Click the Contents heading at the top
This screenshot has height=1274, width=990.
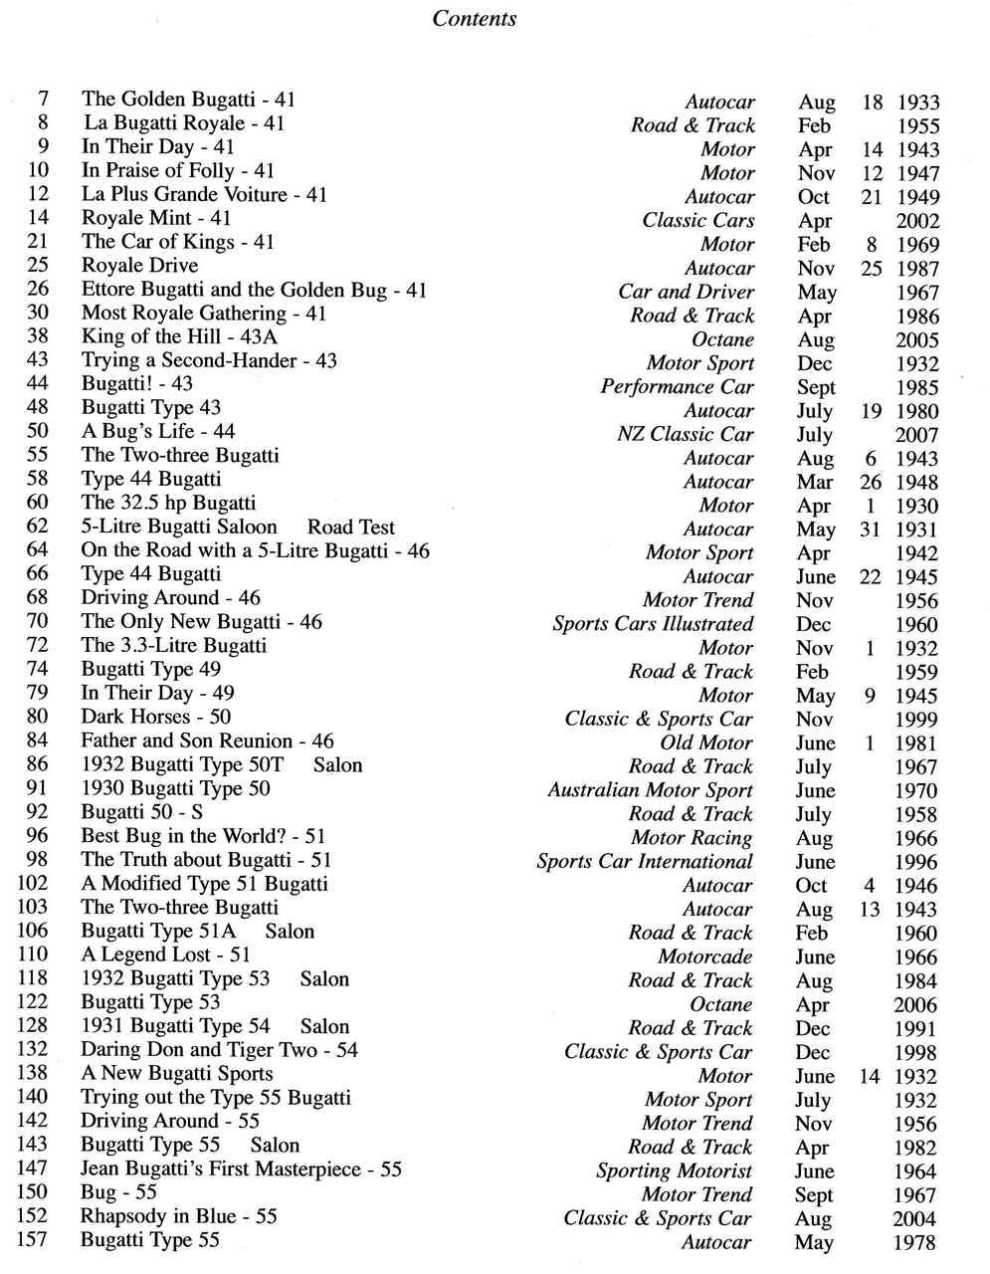pyautogui.click(x=475, y=18)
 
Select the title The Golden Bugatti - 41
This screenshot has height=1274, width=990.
pyautogui.click(x=188, y=99)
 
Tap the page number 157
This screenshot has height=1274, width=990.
pyautogui.click(x=33, y=1239)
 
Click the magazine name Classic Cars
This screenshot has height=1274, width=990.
pyautogui.click(x=697, y=220)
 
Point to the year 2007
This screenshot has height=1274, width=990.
pyautogui.click(x=915, y=435)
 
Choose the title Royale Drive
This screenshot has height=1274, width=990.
pyautogui.click(x=139, y=266)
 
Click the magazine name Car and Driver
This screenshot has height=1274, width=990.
pyautogui.click(x=686, y=292)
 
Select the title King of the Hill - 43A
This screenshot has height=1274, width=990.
pyautogui.click(x=179, y=336)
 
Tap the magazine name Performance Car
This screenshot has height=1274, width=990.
pyautogui.click(x=677, y=387)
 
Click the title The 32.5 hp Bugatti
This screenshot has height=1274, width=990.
pyautogui.click(x=168, y=503)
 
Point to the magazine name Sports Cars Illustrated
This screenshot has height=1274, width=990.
pyautogui.click(x=653, y=624)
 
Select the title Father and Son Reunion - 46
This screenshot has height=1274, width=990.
pyautogui.click(x=207, y=741)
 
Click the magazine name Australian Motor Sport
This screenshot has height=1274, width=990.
pyautogui.click(x=650, y=790)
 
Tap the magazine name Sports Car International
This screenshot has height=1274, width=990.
pyautogui.click(x=644, y=861)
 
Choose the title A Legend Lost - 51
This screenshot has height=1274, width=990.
pyautogui.click(x=165, y=955)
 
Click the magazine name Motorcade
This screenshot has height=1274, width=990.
pyautogui.click(x=704, y=956)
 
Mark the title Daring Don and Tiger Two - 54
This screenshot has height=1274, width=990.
pyautogui.click(x=219, y=1050)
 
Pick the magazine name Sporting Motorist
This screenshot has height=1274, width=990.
pyautogui.click(x=674, y=1170)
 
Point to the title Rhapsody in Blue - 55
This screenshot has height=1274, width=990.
pyautogui.click(x=178, y=1216)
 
